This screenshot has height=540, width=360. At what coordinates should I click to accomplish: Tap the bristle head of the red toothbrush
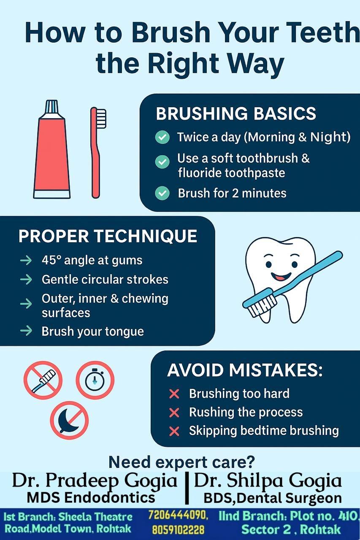pyautogui.click(x=101, y=119)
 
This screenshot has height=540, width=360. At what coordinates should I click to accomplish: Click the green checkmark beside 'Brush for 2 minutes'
pyautogui.click(x=162, y=193)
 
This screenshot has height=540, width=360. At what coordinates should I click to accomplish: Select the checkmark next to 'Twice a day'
pyautogui.click(x=162, y=137)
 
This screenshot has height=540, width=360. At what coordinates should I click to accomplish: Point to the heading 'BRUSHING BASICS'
pyautogui.click(x=236, y=113)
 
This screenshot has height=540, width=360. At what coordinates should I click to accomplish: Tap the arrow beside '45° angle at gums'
pyautogui.click(x=26, y=260)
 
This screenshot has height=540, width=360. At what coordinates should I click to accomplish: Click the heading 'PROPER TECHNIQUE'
pyautogui.click(x=108, y=236)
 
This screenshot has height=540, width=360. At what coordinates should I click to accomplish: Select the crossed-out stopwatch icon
pyautogui.click(x=95, y=380)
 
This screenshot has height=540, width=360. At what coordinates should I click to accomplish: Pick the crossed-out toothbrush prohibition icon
pyautogui.click(x=43, y=380)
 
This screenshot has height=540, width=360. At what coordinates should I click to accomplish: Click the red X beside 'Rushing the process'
pyautogui.click(x=174, y=413)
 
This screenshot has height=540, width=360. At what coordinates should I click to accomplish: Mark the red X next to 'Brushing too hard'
pyautogui.click(x=174, y=394)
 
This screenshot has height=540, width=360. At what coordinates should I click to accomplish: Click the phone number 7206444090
pyautogui.click(x=178, y=515)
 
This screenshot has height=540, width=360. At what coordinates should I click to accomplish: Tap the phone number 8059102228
pyautogui.click(x=178, y=529)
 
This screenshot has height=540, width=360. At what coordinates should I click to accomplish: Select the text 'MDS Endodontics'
pyautogui.click(x=91, y=497)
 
